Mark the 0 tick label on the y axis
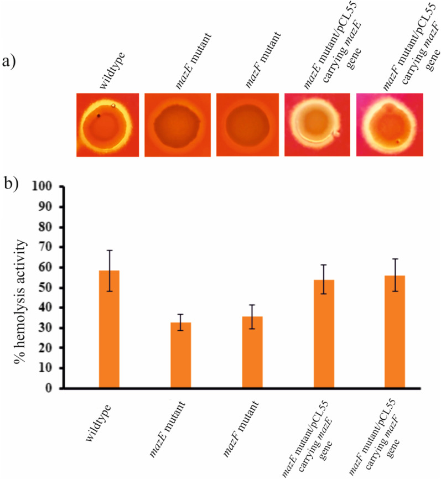pos(53,388)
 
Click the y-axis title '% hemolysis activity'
pos(22,288)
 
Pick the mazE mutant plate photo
pos(178,124)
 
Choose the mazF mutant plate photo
pos(248,124)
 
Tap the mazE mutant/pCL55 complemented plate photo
pos(317,124)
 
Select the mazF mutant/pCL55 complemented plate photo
pos(389,124)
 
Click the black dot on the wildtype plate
pos(98,116)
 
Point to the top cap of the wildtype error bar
pos(109,251)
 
